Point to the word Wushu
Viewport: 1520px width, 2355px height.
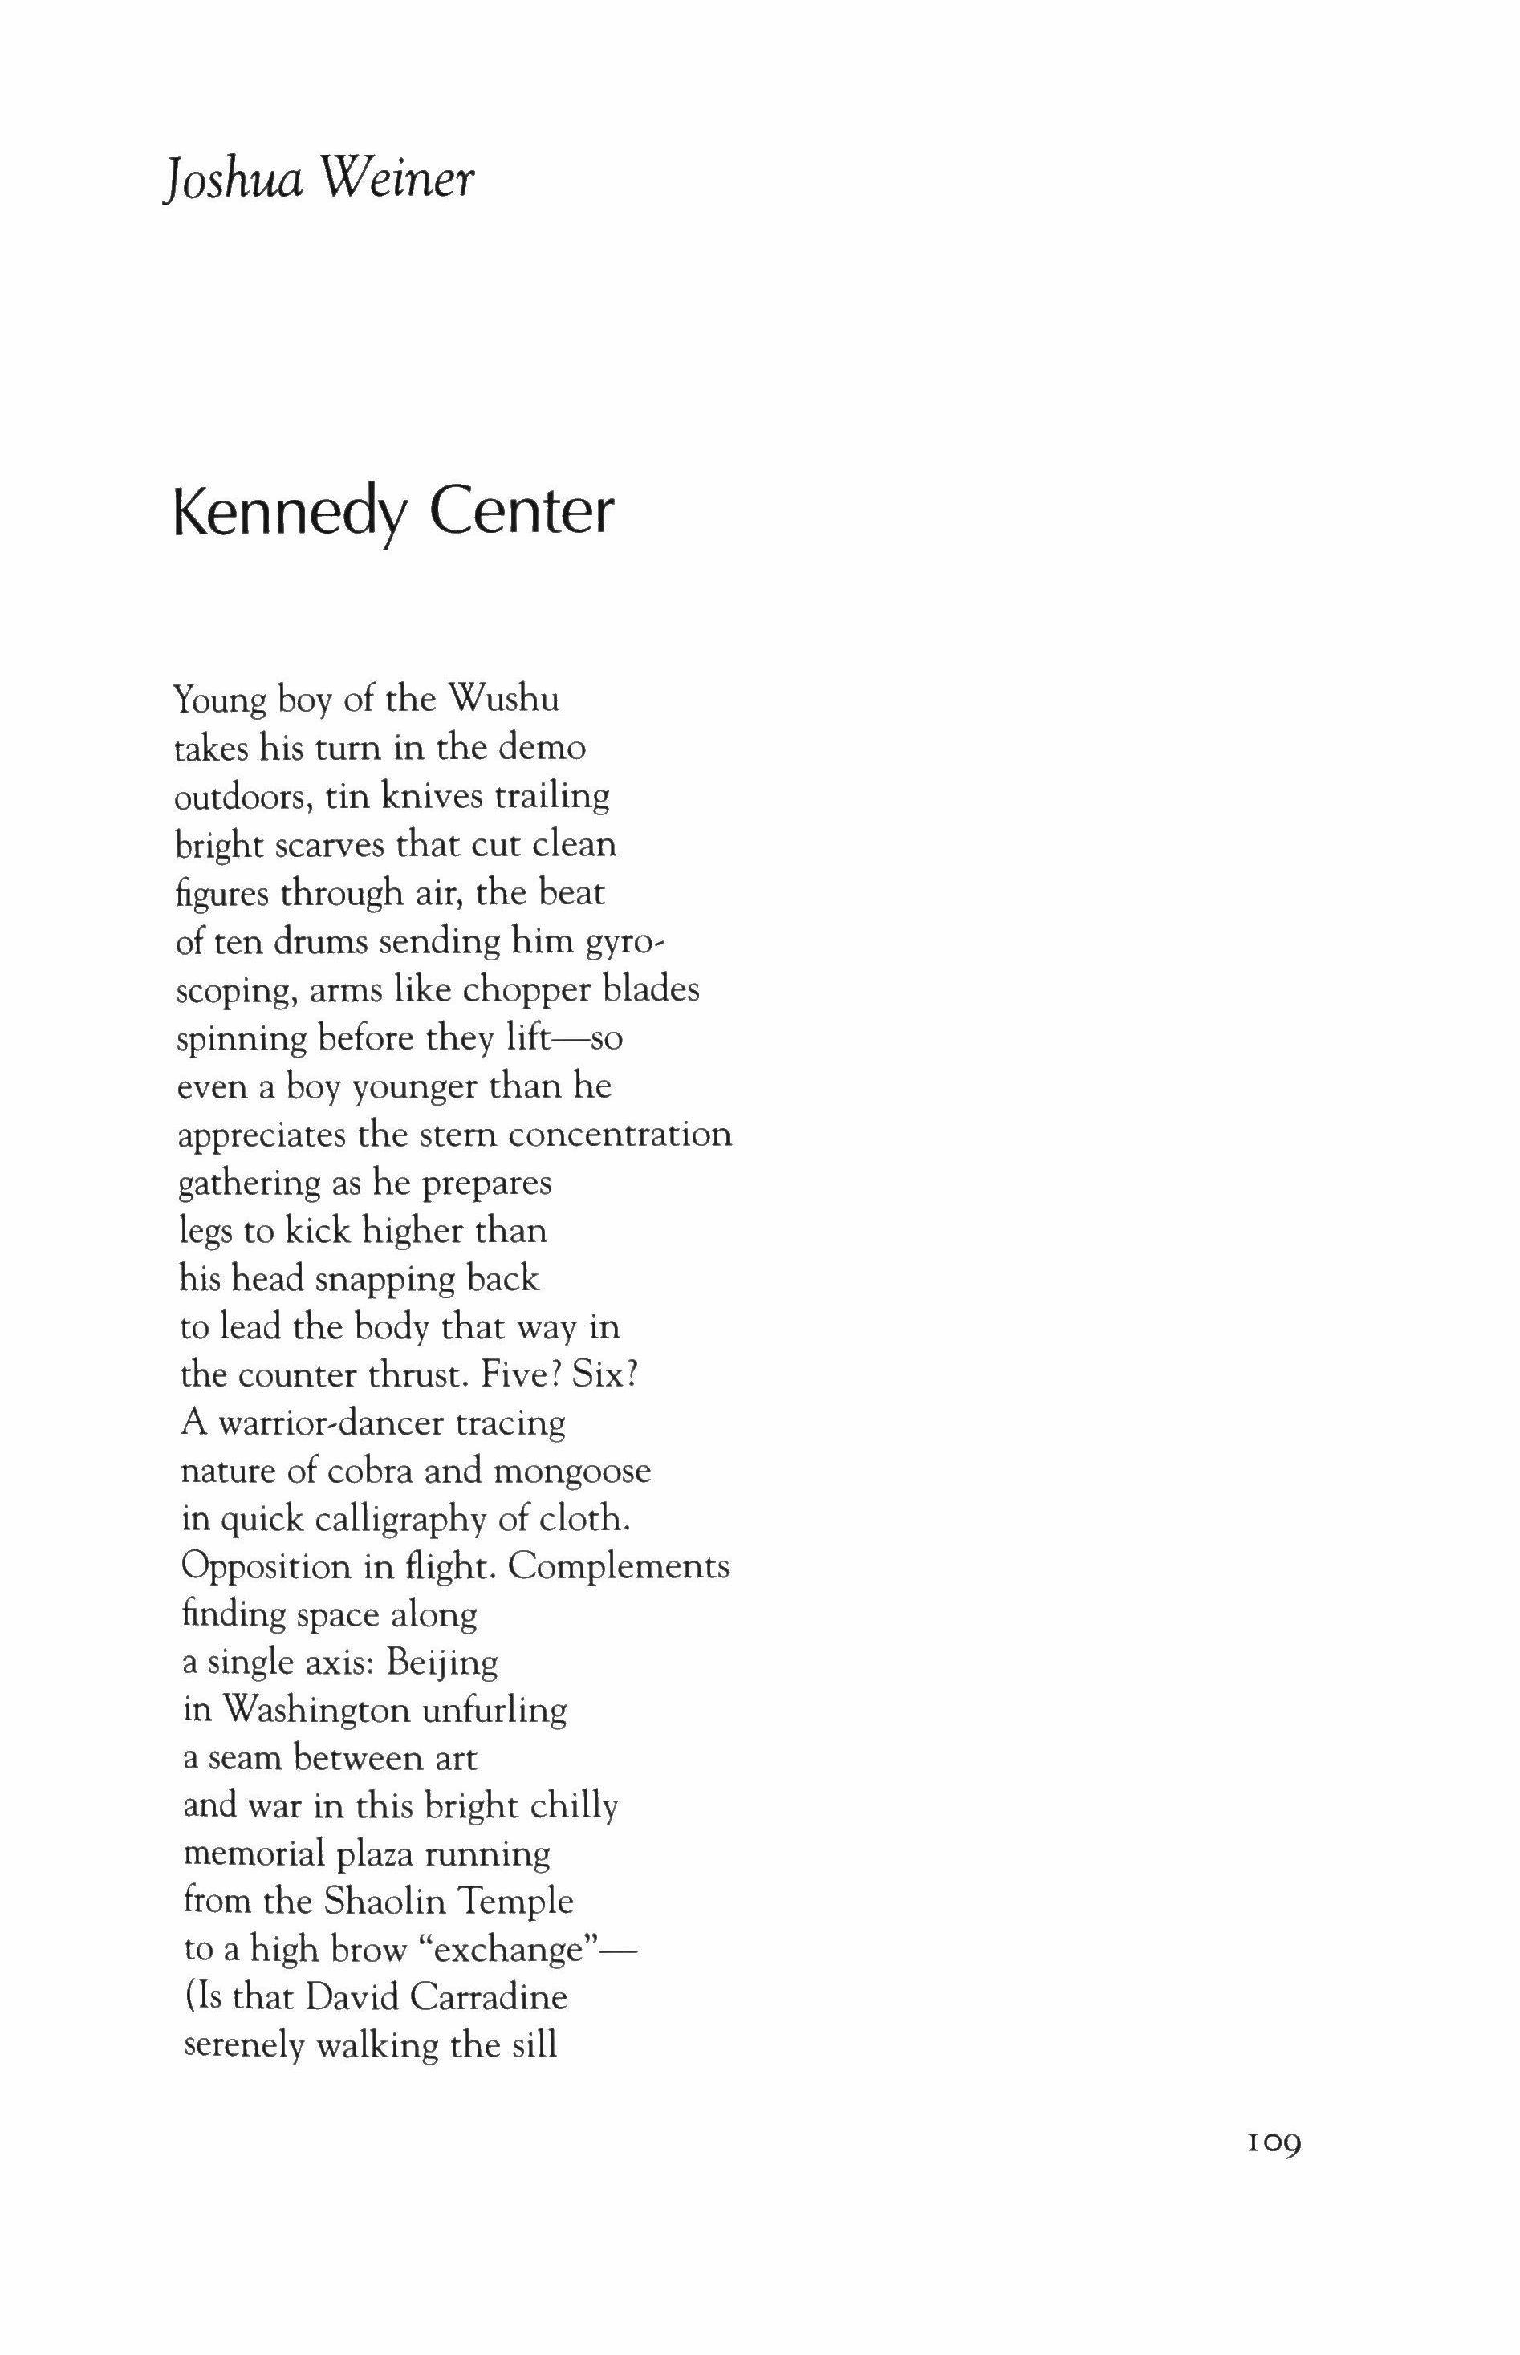(x=503, y=700)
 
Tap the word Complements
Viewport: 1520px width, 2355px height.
(x=619, y=1568)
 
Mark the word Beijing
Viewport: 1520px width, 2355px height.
(x=442, y=1663)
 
